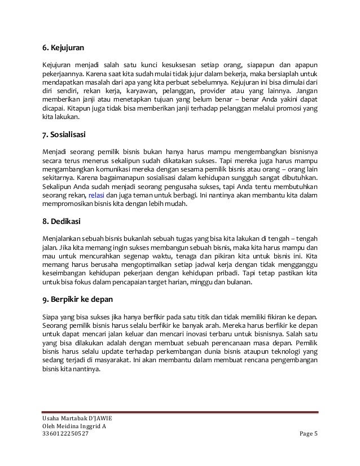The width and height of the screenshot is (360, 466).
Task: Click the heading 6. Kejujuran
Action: tap(67, 47)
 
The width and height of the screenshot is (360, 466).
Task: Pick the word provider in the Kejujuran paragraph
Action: tap(213, 90)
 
